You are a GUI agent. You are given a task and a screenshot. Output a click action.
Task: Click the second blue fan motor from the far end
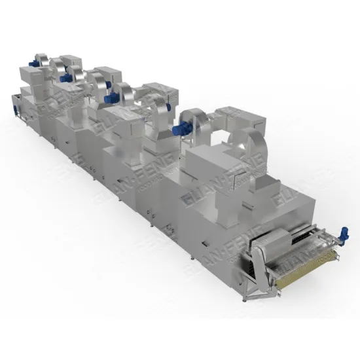click(x=65, y=77)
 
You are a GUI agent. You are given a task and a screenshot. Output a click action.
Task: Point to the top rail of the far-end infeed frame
click(x=20, y=98)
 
